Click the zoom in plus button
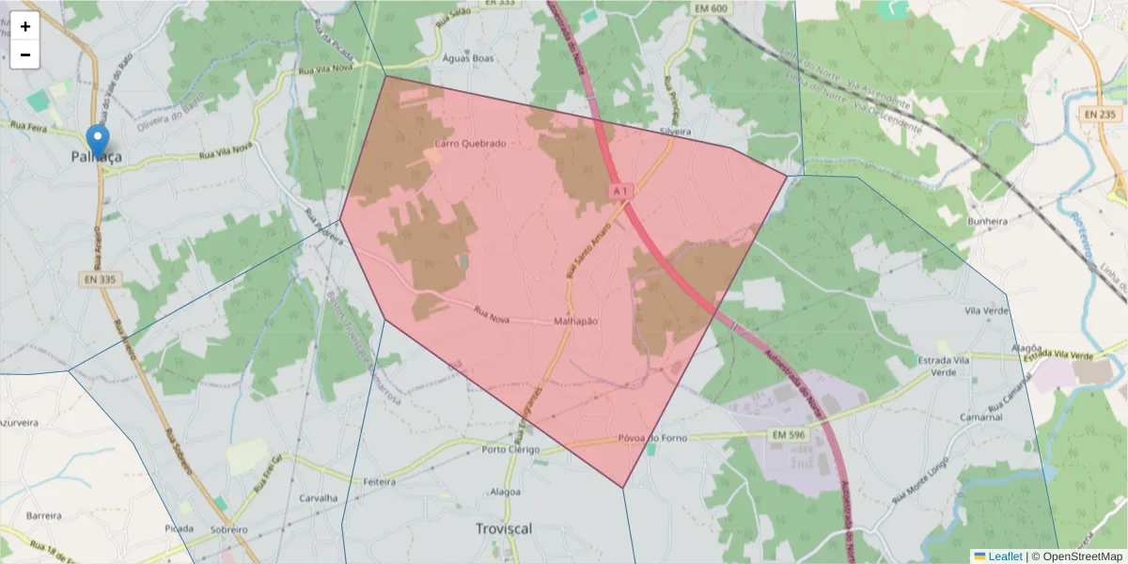coord(25,26)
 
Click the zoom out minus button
coord(25,55)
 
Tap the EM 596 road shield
coord(788,435)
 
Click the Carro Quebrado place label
coord(470,144)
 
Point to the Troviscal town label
coord(504,529)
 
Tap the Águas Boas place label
coord(467,57)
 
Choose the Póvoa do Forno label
coord(653,438)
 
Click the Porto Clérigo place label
coord(510,449)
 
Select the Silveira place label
coord(675,132)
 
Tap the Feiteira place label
coord(379,481)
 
